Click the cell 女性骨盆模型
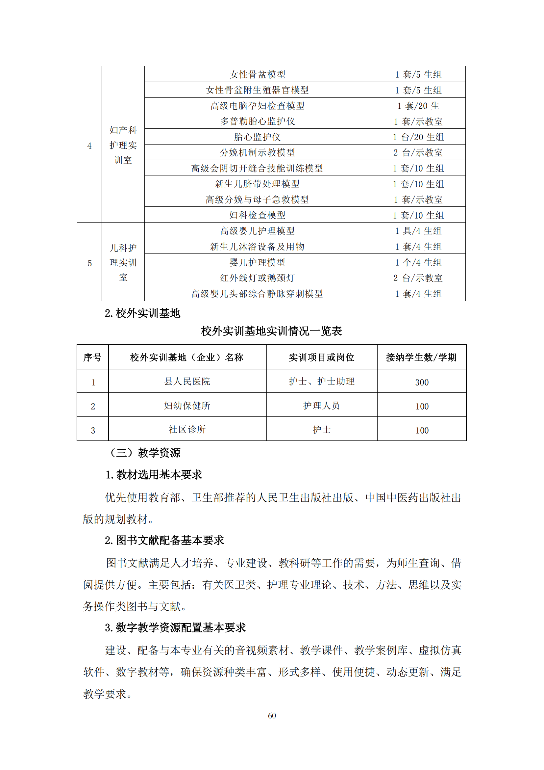[x=257, y=74]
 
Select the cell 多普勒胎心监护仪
[x=257, y=121]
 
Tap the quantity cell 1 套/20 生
[x=418, y=106]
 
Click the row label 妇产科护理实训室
[x=123, y=145]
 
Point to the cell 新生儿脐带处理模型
[x=257, y=183]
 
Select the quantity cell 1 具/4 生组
[x=418, y=230]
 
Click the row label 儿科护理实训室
[x=123, y=262]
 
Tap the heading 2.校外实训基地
[x=142, y=313]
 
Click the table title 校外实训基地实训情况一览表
[x=271, y=331]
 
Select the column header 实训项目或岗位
[x=322, y=357]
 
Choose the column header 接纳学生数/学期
[x=421, y=357]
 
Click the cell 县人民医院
[x=187, y=381]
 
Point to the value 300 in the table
[x=421, y=382]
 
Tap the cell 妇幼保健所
[x=187, y=406]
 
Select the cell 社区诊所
[x=187, y=429]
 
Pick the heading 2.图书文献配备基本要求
[x=164, y=540]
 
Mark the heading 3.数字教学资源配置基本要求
[x=175, y=627]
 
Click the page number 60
[x=272, y=715]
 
